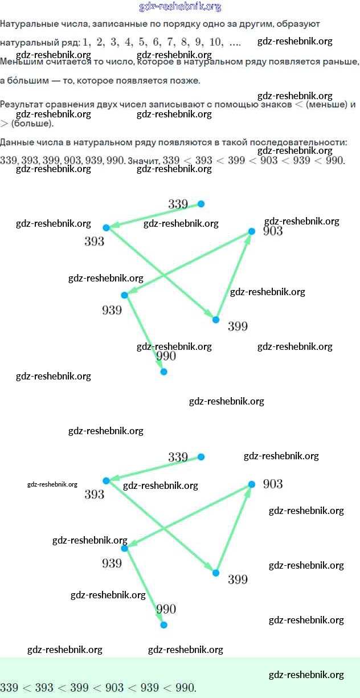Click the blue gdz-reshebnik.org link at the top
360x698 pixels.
tap(180, 7)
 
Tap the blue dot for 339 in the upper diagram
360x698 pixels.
tap(201, 204)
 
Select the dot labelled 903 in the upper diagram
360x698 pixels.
tap(251, 231)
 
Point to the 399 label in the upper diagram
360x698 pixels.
tap(238, 326)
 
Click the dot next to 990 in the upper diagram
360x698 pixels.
tap(163, 372)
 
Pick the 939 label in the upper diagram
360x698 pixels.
tap(112, 311)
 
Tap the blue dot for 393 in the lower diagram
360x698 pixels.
tap(106, 481)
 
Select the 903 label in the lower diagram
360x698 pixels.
tap(273, 484)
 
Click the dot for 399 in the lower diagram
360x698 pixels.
tap(216, 573)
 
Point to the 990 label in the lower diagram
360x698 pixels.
tap(166, 609)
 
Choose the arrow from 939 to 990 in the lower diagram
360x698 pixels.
tap(145, 586)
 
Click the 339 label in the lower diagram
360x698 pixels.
tap(178, 457)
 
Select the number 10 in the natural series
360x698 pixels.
tap(216, 42)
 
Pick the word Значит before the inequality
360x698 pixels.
tap(144, 161)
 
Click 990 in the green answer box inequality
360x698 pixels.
tap(185, 688)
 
